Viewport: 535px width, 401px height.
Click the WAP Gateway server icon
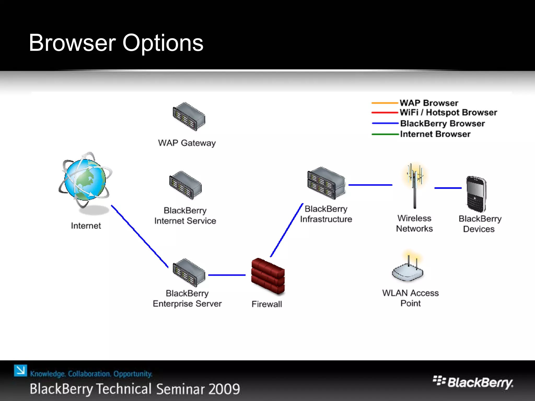click(189, 116)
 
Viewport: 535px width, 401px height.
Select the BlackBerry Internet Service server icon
click(185, 185)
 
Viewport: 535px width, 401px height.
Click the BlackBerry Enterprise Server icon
click(189, 273)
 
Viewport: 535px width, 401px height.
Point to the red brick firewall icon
click(268, 276)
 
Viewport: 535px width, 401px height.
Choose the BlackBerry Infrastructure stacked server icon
click(326, 183)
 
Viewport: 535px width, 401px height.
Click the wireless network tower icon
click(415, 185)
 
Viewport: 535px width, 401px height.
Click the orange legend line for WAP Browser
click(385, 103)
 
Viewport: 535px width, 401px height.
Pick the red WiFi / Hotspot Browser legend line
click(385, 113)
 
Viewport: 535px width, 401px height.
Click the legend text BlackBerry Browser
click(442, 123)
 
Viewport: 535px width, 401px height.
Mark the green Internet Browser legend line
click(385, 134)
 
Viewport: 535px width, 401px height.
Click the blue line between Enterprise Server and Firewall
click(227, 275)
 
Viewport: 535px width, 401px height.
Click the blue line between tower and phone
click(448, 188)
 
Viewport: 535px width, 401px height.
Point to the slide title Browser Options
click(116, 43)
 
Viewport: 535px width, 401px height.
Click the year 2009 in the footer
click(224, 389)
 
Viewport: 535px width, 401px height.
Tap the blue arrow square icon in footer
click(20, 370)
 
